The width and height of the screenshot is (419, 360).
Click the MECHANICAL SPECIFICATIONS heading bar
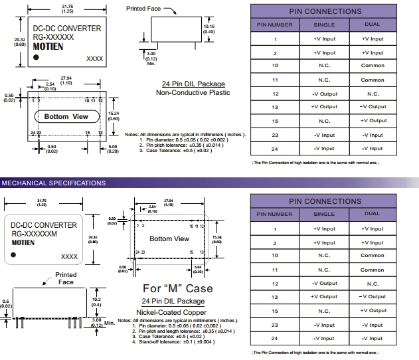coord(53,183)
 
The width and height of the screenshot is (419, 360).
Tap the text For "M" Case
coord(178,288)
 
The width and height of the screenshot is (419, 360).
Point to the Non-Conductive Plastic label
coord(193,92)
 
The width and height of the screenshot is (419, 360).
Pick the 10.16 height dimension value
coord(209,27)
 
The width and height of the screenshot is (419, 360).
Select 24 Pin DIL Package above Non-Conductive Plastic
coord(193,84)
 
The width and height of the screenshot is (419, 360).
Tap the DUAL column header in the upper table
coord(372,25)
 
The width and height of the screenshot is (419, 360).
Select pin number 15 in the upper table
coord(274,121)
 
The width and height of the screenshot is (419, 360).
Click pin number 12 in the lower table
coord(274,284)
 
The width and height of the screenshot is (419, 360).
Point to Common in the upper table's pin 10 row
coord(372,66)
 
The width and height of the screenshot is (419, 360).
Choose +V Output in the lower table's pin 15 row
coord(373,311)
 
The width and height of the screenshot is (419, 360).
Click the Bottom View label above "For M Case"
coord(169,238)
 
